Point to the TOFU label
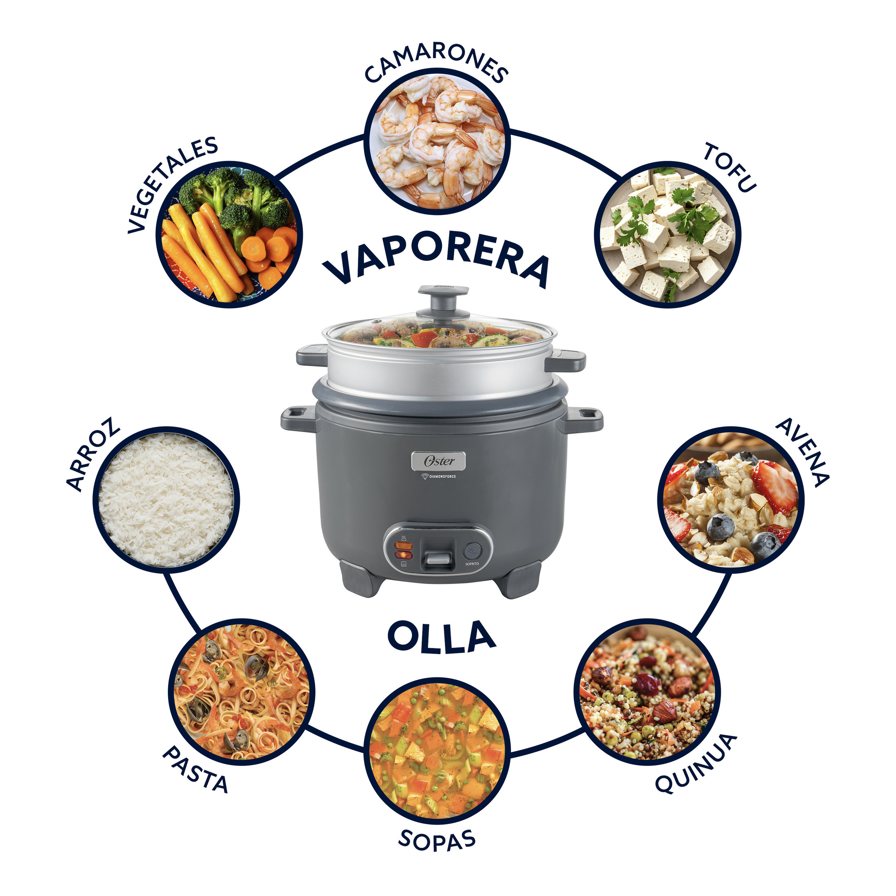(x=729, y=167)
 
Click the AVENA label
(x=802, y=452)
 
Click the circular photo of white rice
(x=167, y=499)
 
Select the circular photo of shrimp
(x=437, y=141)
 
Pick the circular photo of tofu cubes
(x=668, y=234)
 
